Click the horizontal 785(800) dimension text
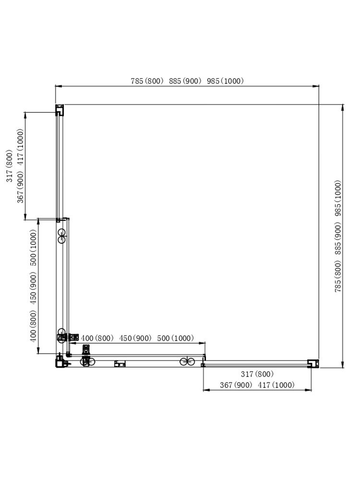(147, 81)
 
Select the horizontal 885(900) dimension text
(185, 81)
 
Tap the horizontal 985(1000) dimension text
(225, 81)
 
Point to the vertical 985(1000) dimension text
(338, 198)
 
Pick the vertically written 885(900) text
(338, 239)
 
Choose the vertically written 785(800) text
(338, 276)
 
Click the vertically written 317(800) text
(10, 166)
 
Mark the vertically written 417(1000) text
(20, 147)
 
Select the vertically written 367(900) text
(20, 187)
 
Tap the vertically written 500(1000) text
(34, 248)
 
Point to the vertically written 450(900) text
(34, 288)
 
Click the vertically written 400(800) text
(34, 326)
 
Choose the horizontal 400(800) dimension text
(97, 338)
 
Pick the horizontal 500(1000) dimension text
(175, 338)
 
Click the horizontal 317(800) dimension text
(257, 374)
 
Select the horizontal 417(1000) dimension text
(276, 385)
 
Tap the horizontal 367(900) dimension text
(236, 385)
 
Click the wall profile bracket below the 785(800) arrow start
(60, 110)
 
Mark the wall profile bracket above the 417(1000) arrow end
(313, 363)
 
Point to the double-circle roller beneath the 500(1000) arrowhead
(187, 361)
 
